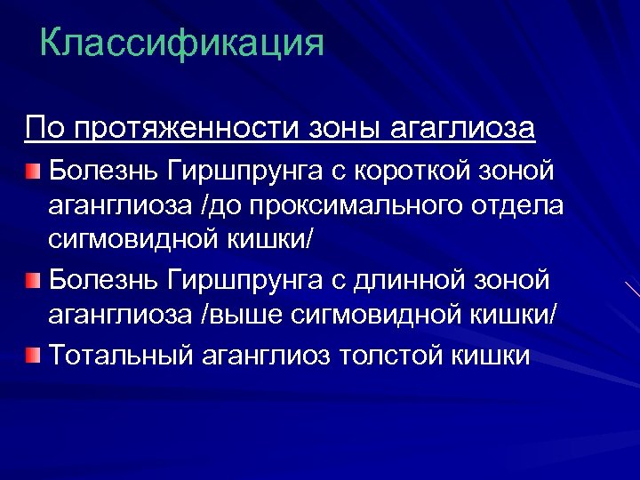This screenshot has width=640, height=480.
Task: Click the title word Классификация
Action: [x=181, y=43]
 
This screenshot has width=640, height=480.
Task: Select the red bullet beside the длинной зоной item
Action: [x=33, y=282]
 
